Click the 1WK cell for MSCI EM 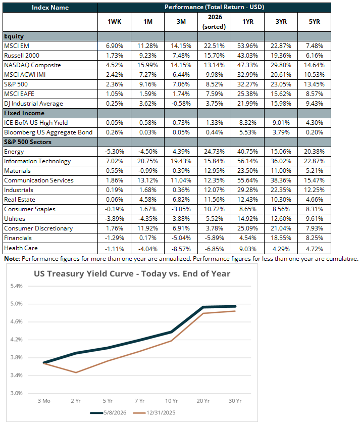114,46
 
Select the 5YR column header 314,22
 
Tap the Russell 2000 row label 22,56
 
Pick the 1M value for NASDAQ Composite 147,65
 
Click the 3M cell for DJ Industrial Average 181,104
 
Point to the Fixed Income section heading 24,113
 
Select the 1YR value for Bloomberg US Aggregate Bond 247,132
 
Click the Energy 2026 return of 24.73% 214,152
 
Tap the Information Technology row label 37,161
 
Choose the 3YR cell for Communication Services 281,180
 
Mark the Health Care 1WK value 114,249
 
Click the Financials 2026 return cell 214,238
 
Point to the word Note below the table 12,259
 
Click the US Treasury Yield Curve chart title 132,274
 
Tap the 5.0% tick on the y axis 17,304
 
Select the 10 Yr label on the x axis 171,401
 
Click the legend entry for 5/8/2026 108,413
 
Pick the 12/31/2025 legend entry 154,413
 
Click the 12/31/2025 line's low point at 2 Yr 76,372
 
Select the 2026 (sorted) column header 214,22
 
